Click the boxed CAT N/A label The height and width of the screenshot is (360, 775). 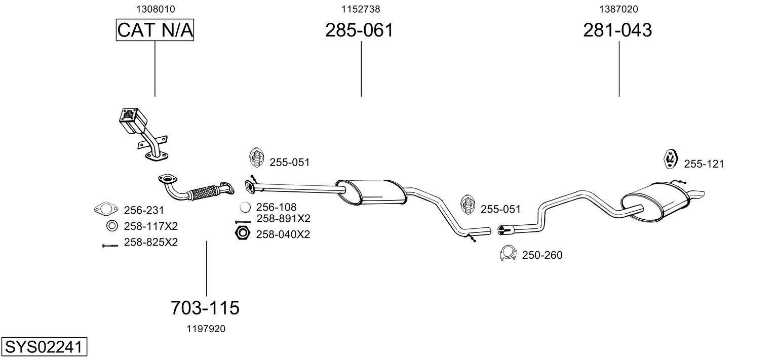pyautogui.click(x=155, y=30)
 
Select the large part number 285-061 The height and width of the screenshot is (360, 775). pyautogui.click(x=359, y=30)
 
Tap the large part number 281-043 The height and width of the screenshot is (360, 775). pyautogui.click(x=617, y=30)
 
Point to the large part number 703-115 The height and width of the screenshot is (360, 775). pyautogui.click(x=205, y=307)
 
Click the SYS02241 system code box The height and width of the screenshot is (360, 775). pyautogui.click(x=43, y=348)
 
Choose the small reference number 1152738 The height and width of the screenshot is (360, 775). pyautogui.click(x=361, y=9)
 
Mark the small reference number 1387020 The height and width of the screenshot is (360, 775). pyautogui.click(x=618, y=9)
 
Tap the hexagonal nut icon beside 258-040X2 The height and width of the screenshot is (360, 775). pyautogui.click(x=243, y=234)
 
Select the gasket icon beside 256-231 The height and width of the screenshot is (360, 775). pyautogui.click(x=104, y=209)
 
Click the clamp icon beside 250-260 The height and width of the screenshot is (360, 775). pyautogui.click(x=508, y=254)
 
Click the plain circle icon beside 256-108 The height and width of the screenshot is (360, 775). pyautogui.click(x=245, y=208)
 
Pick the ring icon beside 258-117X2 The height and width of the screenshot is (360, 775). pyautogui.click(x=111, y=226)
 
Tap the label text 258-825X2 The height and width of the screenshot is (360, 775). pyautogui.click(x=150, y=243)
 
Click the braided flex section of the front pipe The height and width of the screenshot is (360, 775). pyautogui.click(x=205, y=192)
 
